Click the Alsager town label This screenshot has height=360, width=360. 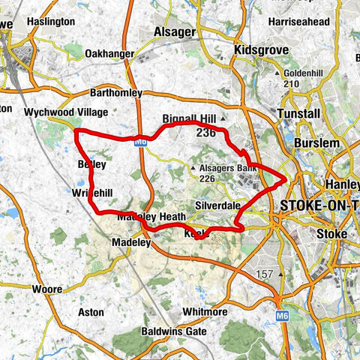point(174,32)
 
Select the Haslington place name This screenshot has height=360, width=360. point(50,22)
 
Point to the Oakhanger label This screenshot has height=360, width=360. point(109,54)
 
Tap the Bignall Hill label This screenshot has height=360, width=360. point(189,119)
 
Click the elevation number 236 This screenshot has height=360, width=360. point(205,132)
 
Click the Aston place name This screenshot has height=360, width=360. point(91,311)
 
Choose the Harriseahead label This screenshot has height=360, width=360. point(299,22)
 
